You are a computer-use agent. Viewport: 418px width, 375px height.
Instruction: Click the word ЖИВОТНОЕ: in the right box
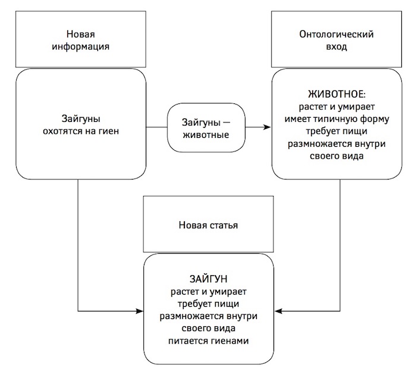coord(337,94)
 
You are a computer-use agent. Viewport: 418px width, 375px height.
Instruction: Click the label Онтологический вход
coord(336,40)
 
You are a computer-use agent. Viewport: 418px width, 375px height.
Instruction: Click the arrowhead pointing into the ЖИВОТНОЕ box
coord(268,127)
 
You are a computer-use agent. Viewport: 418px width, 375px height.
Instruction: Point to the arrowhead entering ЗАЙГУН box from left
coord(143,311)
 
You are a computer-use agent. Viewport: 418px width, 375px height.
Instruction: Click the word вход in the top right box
coord(336,46)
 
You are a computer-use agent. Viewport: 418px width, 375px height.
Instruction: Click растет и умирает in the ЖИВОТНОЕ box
coord(337,107)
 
